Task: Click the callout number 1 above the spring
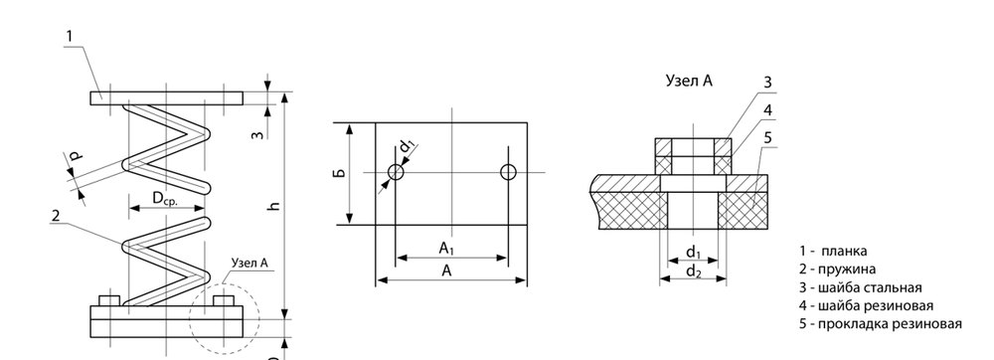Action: coord(70,36)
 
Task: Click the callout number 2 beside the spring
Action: coord(55,216)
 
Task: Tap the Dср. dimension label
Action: coord(165,198)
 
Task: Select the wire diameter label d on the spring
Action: coord(75,156)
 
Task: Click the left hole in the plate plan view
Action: coord(397,172)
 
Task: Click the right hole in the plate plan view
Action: coord(508,172)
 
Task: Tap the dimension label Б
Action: coord(339,172)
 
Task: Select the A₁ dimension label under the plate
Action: coord(447,249)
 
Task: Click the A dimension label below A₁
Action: coord(447,270)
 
